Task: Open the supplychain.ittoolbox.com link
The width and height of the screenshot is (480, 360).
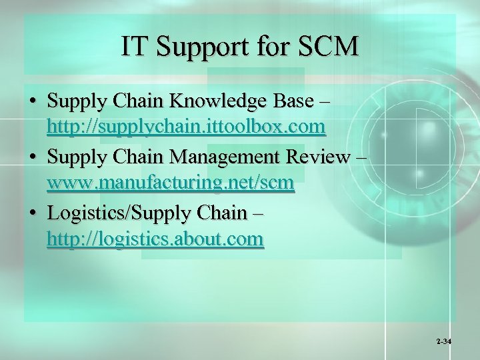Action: coord(186,125)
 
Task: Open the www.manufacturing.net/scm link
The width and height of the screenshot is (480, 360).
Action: coord(171,182)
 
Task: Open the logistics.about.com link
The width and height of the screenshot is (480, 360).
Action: coord(155,239)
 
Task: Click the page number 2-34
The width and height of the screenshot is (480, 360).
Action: coord(444,341)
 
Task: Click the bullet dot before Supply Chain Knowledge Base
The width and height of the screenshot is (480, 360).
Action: coord(33,103)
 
